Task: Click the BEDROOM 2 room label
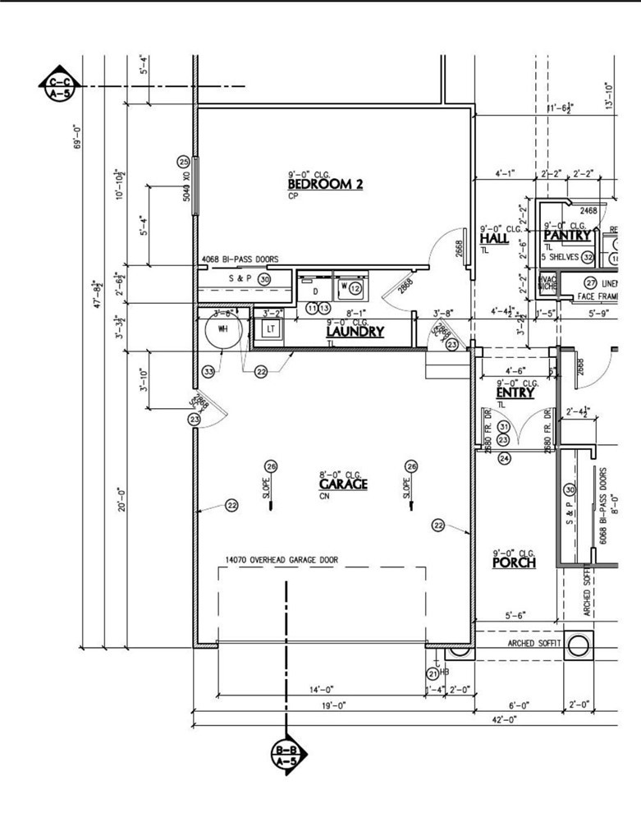click(325, 185)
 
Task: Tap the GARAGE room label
click(343, 484)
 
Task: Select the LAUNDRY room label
click(355, 333)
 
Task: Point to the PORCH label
click(514, 563)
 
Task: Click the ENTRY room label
click(515, 393)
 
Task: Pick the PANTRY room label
click(567, 236)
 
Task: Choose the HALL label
click(494, 239)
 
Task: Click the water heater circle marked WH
click(221, 328)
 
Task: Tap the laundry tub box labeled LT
click(270, 329)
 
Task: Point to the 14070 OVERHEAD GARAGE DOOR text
click(282, 561)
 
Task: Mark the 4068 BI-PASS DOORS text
click(240, 259)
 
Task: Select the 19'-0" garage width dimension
click(333, 705)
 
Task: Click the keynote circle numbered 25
click(184, 162)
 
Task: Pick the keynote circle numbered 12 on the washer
click(355, 289)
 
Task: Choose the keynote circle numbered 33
click(209, 372)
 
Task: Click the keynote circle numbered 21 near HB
click(433, 673)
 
